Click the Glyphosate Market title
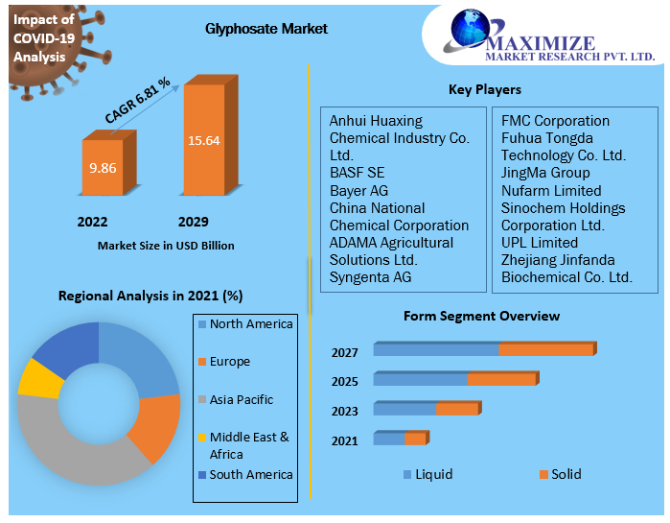pos(266,29)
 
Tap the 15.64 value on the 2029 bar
pos(203,140)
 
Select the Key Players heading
pos(484,89)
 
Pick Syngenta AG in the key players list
pos(370,276)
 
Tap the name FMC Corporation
pos(555,121)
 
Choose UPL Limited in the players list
pos(539,242)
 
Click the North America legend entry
pos(250,324)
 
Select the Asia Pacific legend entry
pos(241,399)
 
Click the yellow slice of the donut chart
pos(39,378)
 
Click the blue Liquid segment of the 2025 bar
pos(420,379)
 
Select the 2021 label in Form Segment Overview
pos(344,440)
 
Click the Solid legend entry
pos(565,474)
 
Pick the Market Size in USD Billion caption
pos(166,246)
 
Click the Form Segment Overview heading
pos(481,316)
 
